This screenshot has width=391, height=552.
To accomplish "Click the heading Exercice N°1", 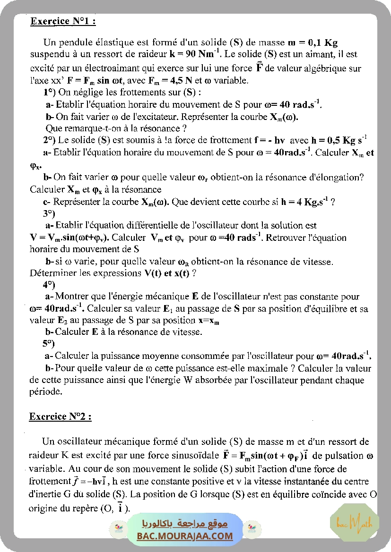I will [x=63, y=21].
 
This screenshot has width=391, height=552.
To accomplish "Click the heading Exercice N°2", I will [x=60, y=416].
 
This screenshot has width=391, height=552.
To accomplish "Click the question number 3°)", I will [x=49, y=213].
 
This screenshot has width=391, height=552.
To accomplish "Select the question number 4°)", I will [x=49, y=285].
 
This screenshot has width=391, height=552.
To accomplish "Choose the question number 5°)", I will [x=49, y=343].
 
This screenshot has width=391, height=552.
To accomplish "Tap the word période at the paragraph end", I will [x=45, y=391].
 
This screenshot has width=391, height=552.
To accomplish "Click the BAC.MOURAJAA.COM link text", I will [x=185, y=536].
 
